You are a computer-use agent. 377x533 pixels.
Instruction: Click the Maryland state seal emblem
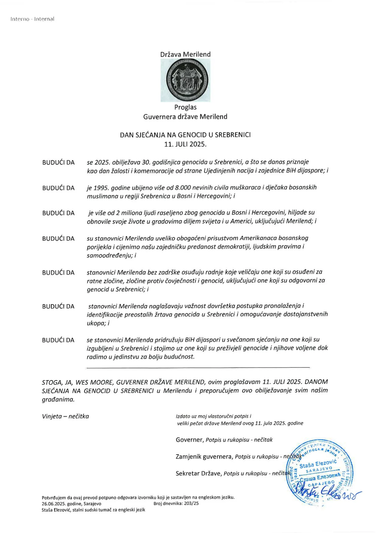pyautogui.click(x=185, y=80)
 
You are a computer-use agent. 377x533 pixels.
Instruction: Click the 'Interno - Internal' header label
pyautogui.click(x=32, y=19)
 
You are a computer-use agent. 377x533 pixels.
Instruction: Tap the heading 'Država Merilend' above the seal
pyautogui.click(x=185, y=54)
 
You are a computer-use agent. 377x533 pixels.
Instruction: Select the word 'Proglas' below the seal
pyautogui.click(x=185, y=107)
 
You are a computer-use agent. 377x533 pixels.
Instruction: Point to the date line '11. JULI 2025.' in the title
pyautogui.click(x=185, y=144)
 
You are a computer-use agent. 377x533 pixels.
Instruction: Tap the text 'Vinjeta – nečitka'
pyautogui.click(x=65, y=416)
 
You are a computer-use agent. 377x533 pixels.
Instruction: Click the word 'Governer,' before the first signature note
pyautogui.click(x=190, y=440)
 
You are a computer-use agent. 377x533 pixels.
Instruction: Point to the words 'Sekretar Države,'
pyautogui.click(x=199, y=474)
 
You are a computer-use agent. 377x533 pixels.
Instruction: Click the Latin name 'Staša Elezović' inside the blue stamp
pyautogui.click(x=318, y=464)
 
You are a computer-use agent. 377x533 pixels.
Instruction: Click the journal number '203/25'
pyautogui.click(x=191, y=503)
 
